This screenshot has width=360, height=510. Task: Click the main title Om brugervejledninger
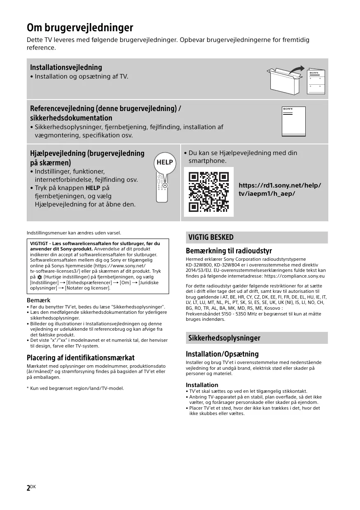tap(80, 28)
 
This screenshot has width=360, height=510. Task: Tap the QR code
tap(209, 192)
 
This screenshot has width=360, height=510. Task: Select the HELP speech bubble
tap(165, 162)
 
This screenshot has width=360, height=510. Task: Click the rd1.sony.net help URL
tap(280, 189)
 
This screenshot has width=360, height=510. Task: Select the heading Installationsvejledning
tap(66, 67)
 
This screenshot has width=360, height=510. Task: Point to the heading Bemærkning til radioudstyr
tap(229, 251)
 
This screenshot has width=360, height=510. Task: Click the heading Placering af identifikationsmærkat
tap(81, 357)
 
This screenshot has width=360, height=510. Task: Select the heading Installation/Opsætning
tap(222, 354)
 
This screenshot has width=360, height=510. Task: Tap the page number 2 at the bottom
tap(29, 488)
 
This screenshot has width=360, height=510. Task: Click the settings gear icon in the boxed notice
tap(39, 277)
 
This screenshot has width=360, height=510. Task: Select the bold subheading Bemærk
tap(39, 300)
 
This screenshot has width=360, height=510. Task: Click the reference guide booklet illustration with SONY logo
tap(293, 121)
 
